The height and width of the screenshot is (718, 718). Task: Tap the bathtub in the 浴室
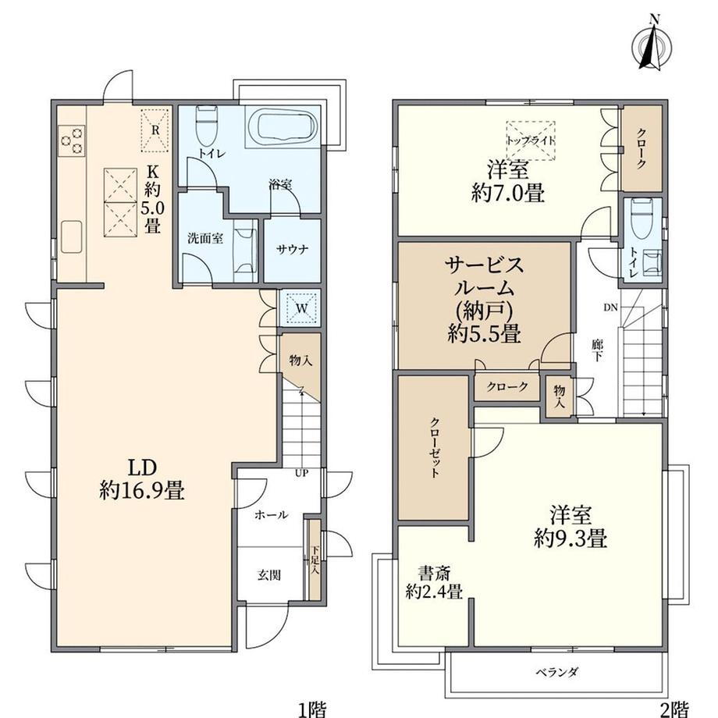[x=281, y=127]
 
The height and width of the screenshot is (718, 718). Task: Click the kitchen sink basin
[x=72, y=236]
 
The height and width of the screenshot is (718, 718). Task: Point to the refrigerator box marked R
[x=155, y=130]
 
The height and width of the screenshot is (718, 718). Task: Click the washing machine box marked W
[x=300, y=307]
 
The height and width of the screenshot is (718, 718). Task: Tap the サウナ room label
[x=292, y=250]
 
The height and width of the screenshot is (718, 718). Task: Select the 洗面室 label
[x=205, y=238]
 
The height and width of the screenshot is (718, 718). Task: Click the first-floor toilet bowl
[x=206, y=126]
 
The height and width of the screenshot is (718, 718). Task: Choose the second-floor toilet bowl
[x=641, y=219]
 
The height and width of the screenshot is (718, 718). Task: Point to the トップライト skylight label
[x=530, y=140]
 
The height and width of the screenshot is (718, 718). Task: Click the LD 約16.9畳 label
[x=142, y=480]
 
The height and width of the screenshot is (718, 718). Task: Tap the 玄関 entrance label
[x=268, y=575]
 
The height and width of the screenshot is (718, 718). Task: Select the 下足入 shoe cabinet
[x=315, y=559]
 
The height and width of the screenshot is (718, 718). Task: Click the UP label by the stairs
[x=301, y=473]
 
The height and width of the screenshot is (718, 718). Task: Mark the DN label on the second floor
[x=610, y=307]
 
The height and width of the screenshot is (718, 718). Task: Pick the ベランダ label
[x=556, y=672]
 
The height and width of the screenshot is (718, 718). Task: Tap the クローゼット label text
[x=435, y=447]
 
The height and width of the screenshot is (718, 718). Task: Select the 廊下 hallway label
[x=596, y=350]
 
